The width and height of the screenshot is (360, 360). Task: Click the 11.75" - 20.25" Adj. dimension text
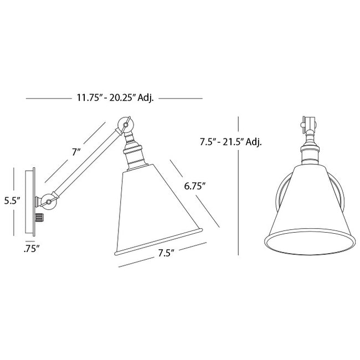click(x=115, y=98)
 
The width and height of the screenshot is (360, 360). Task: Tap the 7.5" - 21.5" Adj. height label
click(x=231, y=142)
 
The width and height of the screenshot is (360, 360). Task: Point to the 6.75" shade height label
click(x=195, y=186)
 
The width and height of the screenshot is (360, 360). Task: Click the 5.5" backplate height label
click(x=13, y=201)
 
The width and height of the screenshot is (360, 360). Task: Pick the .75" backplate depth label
click(x=32, y=249)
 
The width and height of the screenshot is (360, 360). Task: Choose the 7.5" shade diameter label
click(x=166, y=253)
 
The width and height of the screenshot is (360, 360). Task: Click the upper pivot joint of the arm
click(x=125, y=125)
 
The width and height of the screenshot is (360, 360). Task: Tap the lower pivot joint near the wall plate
click(x=48, y=202)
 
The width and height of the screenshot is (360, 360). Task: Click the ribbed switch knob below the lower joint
click(x=39, y=218)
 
